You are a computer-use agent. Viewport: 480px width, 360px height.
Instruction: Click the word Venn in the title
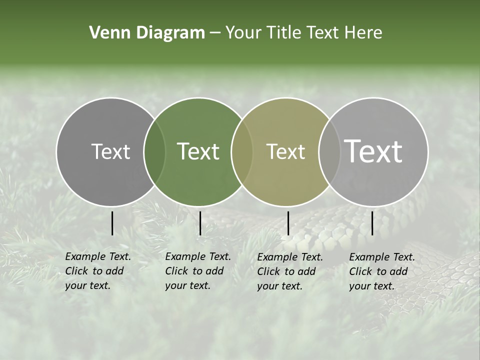pos(106,33)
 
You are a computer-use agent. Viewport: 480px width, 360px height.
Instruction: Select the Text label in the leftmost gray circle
pos(110,151)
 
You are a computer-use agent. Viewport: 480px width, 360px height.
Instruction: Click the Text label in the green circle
pos(198,151)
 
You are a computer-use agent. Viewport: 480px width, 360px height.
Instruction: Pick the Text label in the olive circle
pos(285,151)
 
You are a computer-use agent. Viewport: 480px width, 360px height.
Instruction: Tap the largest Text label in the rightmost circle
pos(373,151)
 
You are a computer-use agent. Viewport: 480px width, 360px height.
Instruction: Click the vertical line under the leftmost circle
pos(112,223)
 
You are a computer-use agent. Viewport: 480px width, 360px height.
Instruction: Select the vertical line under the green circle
pos(200,223)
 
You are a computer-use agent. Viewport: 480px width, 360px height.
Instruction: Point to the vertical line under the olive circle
pos(288,223)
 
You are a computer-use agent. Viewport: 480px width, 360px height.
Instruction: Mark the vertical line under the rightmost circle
pos(372,223)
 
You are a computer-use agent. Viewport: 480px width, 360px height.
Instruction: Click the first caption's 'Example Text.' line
pos(98,256)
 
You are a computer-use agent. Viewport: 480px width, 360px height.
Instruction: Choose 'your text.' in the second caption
pos(187,285)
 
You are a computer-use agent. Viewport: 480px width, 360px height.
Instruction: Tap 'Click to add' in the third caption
pos(286,271)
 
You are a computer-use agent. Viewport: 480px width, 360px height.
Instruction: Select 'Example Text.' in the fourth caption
pos(382,257)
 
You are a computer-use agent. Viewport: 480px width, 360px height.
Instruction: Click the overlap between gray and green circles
pos(154,151)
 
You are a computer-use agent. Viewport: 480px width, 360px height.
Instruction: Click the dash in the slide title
pos(215,33)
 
